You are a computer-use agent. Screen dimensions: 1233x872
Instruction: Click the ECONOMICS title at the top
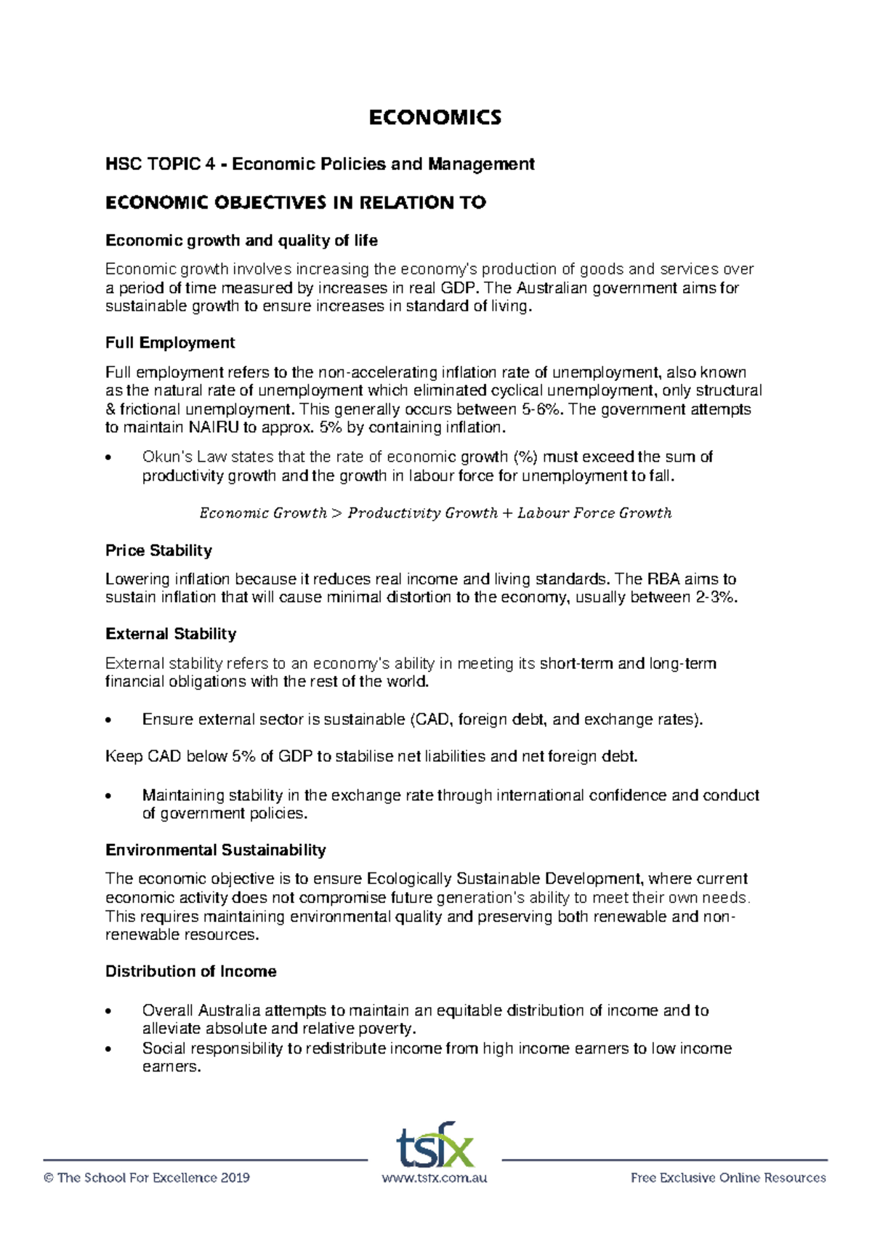coord(435,118)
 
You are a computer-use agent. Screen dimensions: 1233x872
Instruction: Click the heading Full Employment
coord(170,342)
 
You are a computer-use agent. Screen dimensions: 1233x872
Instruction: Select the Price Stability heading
coord(158,550)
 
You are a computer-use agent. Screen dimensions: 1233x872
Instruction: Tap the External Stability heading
coord(171,634)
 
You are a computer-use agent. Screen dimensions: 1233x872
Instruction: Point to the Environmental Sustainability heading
coord(215,850)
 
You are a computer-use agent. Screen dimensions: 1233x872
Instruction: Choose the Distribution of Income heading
coord(190,971)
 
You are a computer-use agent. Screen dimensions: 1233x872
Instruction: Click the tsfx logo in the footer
coord(435,1146)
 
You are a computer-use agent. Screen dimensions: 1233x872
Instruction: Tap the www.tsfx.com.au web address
coord(435,1178)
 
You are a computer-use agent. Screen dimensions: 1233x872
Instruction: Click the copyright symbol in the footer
coord(49,1178)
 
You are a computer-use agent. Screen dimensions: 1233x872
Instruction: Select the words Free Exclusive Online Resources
coord(728,1178)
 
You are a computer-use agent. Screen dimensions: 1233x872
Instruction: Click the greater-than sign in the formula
coord(336,513)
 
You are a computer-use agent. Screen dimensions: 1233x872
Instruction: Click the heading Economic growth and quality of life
coord(241,241)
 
